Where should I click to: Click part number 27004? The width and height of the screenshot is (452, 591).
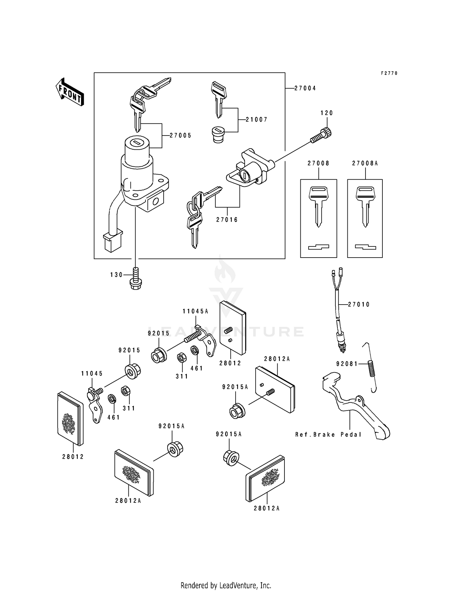pos(305,88)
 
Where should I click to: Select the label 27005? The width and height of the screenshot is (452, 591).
pos(180,136)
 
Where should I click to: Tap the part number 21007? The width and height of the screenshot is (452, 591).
pos(256,120)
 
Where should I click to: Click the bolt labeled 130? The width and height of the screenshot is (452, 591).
pos(136,279)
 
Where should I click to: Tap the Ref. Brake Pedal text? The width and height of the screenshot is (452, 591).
pos(328,434)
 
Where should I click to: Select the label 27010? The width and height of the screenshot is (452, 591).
pos(359,305)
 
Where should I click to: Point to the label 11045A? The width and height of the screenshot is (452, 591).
pos(195,311)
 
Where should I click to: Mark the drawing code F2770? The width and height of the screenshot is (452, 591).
pos(389,73)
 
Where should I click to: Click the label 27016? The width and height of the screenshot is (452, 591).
pos(227,220)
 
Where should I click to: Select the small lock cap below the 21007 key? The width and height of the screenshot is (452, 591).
pos(218,135)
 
